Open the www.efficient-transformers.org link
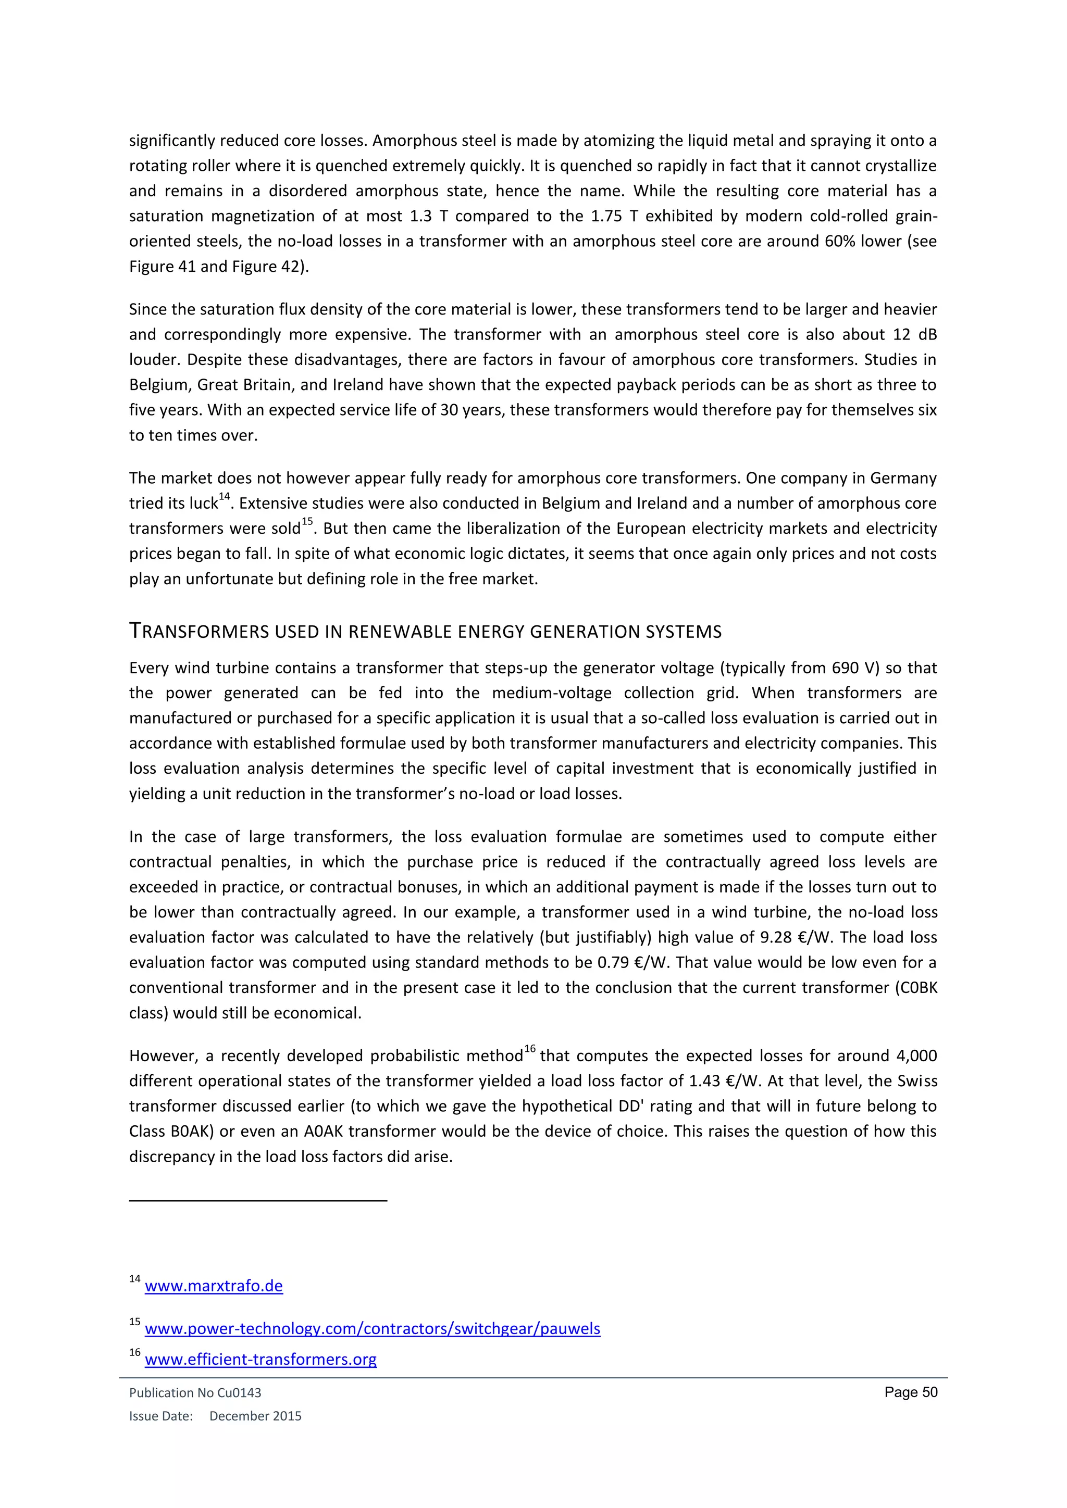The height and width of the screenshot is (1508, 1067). [261, 1359]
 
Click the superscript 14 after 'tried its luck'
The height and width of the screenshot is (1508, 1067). [224, 497]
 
